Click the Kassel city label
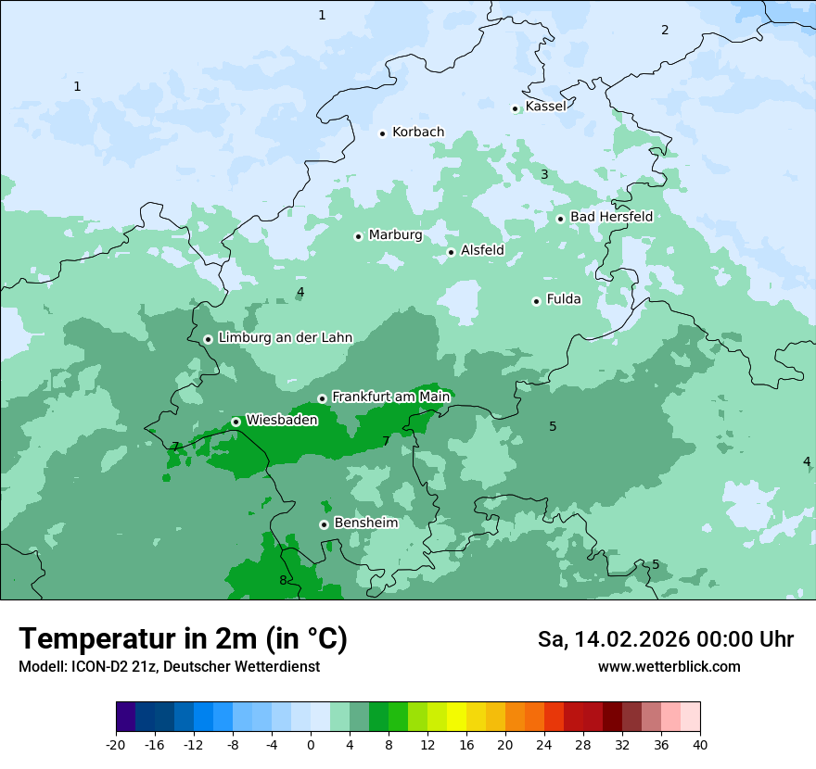tap(545, 107)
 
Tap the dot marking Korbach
tap(382, 133)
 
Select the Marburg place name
tap(395, 235)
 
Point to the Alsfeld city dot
tap(452, 252)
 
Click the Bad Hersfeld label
tap(611, 217)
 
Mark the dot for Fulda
tap(536, 301)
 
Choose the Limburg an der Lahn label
tap(285, 338)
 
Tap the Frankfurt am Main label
tap(390, 397)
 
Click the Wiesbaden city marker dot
tap(236, 422)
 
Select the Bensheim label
tap(365, 523)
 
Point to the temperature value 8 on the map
tap(283, 581)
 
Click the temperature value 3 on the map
tap(544, 174)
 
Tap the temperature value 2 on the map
tap(665, 30)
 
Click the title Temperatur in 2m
tap(183, 639)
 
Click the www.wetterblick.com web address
tap(669, 667)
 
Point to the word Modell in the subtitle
tap(41, 667)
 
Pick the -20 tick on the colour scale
tap(115, 744)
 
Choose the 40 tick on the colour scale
tap(699, 744)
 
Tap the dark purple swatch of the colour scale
tap(125, 717)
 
